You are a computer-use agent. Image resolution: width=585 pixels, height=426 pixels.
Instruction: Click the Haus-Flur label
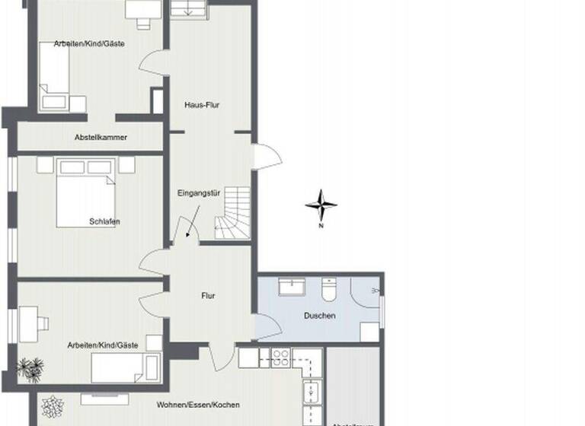pos(202,105)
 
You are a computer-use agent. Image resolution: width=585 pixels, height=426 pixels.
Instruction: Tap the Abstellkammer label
pos(101,138)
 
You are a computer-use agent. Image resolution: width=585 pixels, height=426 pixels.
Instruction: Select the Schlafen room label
pos(104,222)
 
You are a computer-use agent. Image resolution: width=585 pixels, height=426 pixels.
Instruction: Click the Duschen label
pos(319,316)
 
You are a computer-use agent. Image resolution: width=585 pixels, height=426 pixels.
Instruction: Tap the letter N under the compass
pos(321,226)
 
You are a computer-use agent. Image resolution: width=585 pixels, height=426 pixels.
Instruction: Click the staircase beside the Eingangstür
pos(232,215)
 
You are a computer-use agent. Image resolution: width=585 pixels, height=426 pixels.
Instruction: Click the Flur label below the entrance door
pos(209,295)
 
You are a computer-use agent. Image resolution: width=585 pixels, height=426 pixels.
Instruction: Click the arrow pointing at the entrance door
pos(187,225)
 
